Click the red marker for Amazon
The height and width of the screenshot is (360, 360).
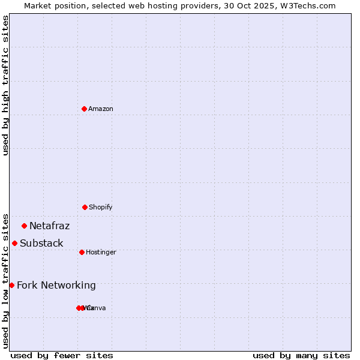coord(85,109)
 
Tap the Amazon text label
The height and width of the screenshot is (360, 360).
coord(101,109)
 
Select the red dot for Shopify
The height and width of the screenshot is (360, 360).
coord(85,207)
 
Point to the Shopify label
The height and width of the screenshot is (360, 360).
coord(101,208)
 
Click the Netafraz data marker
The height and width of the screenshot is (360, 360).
coord(25,226)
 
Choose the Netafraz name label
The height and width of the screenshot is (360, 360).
coord(49,226)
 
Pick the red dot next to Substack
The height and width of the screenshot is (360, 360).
coord(15,243)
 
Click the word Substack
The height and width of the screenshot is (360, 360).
coord(41,244)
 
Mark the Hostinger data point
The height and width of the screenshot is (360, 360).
coord(82,252)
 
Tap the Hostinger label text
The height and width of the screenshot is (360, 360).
coord(101,253)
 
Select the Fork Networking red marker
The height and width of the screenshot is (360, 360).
coord(11,285)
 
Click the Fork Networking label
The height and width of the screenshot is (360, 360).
coord(56,286)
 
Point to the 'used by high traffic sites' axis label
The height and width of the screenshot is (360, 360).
coord(6,85)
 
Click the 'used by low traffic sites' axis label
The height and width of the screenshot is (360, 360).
coord(6,281)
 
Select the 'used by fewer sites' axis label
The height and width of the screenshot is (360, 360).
coord(62,355)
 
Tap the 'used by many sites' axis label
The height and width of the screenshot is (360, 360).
coord(301,355)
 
